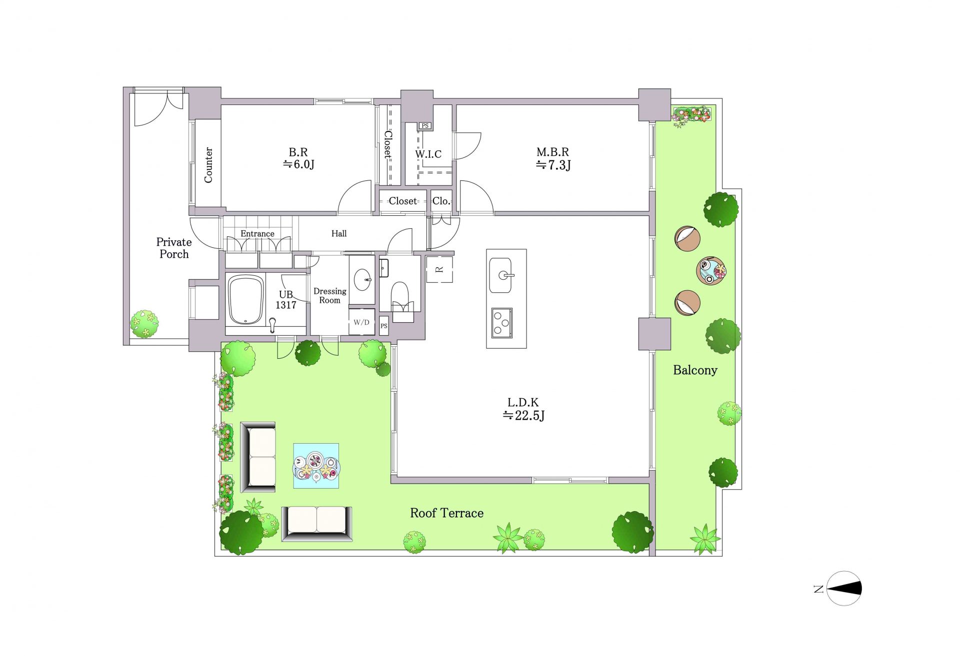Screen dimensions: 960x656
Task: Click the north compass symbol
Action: tap(843, 589)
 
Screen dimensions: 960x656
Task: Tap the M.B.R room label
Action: tap(553, 158)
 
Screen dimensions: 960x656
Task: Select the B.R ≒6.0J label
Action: tap(298, 158)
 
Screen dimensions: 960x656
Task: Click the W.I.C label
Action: tap(428, 154)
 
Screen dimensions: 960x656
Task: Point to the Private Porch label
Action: tap(174, 248)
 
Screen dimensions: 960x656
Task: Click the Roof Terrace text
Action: tap(446, 513)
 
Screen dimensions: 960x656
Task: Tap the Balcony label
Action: tap(695, 370)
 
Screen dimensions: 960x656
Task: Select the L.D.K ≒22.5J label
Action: tap(523, 409)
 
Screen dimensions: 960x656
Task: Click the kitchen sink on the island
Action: tap(500, 275)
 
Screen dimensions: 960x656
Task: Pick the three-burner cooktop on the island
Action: tap(501, 323)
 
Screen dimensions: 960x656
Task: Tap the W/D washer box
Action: tap(361, 322)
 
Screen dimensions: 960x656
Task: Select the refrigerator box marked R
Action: tap(439, 270)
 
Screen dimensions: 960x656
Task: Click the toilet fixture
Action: tap(400, 297)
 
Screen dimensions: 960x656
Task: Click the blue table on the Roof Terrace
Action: tap(316, 466)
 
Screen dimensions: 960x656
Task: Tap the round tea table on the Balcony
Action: tap(710, 270)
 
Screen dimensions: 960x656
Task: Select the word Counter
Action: tap(208, 165)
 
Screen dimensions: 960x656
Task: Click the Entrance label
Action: tap(257, 233)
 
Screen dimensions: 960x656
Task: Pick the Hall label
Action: tap(339, 233)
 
